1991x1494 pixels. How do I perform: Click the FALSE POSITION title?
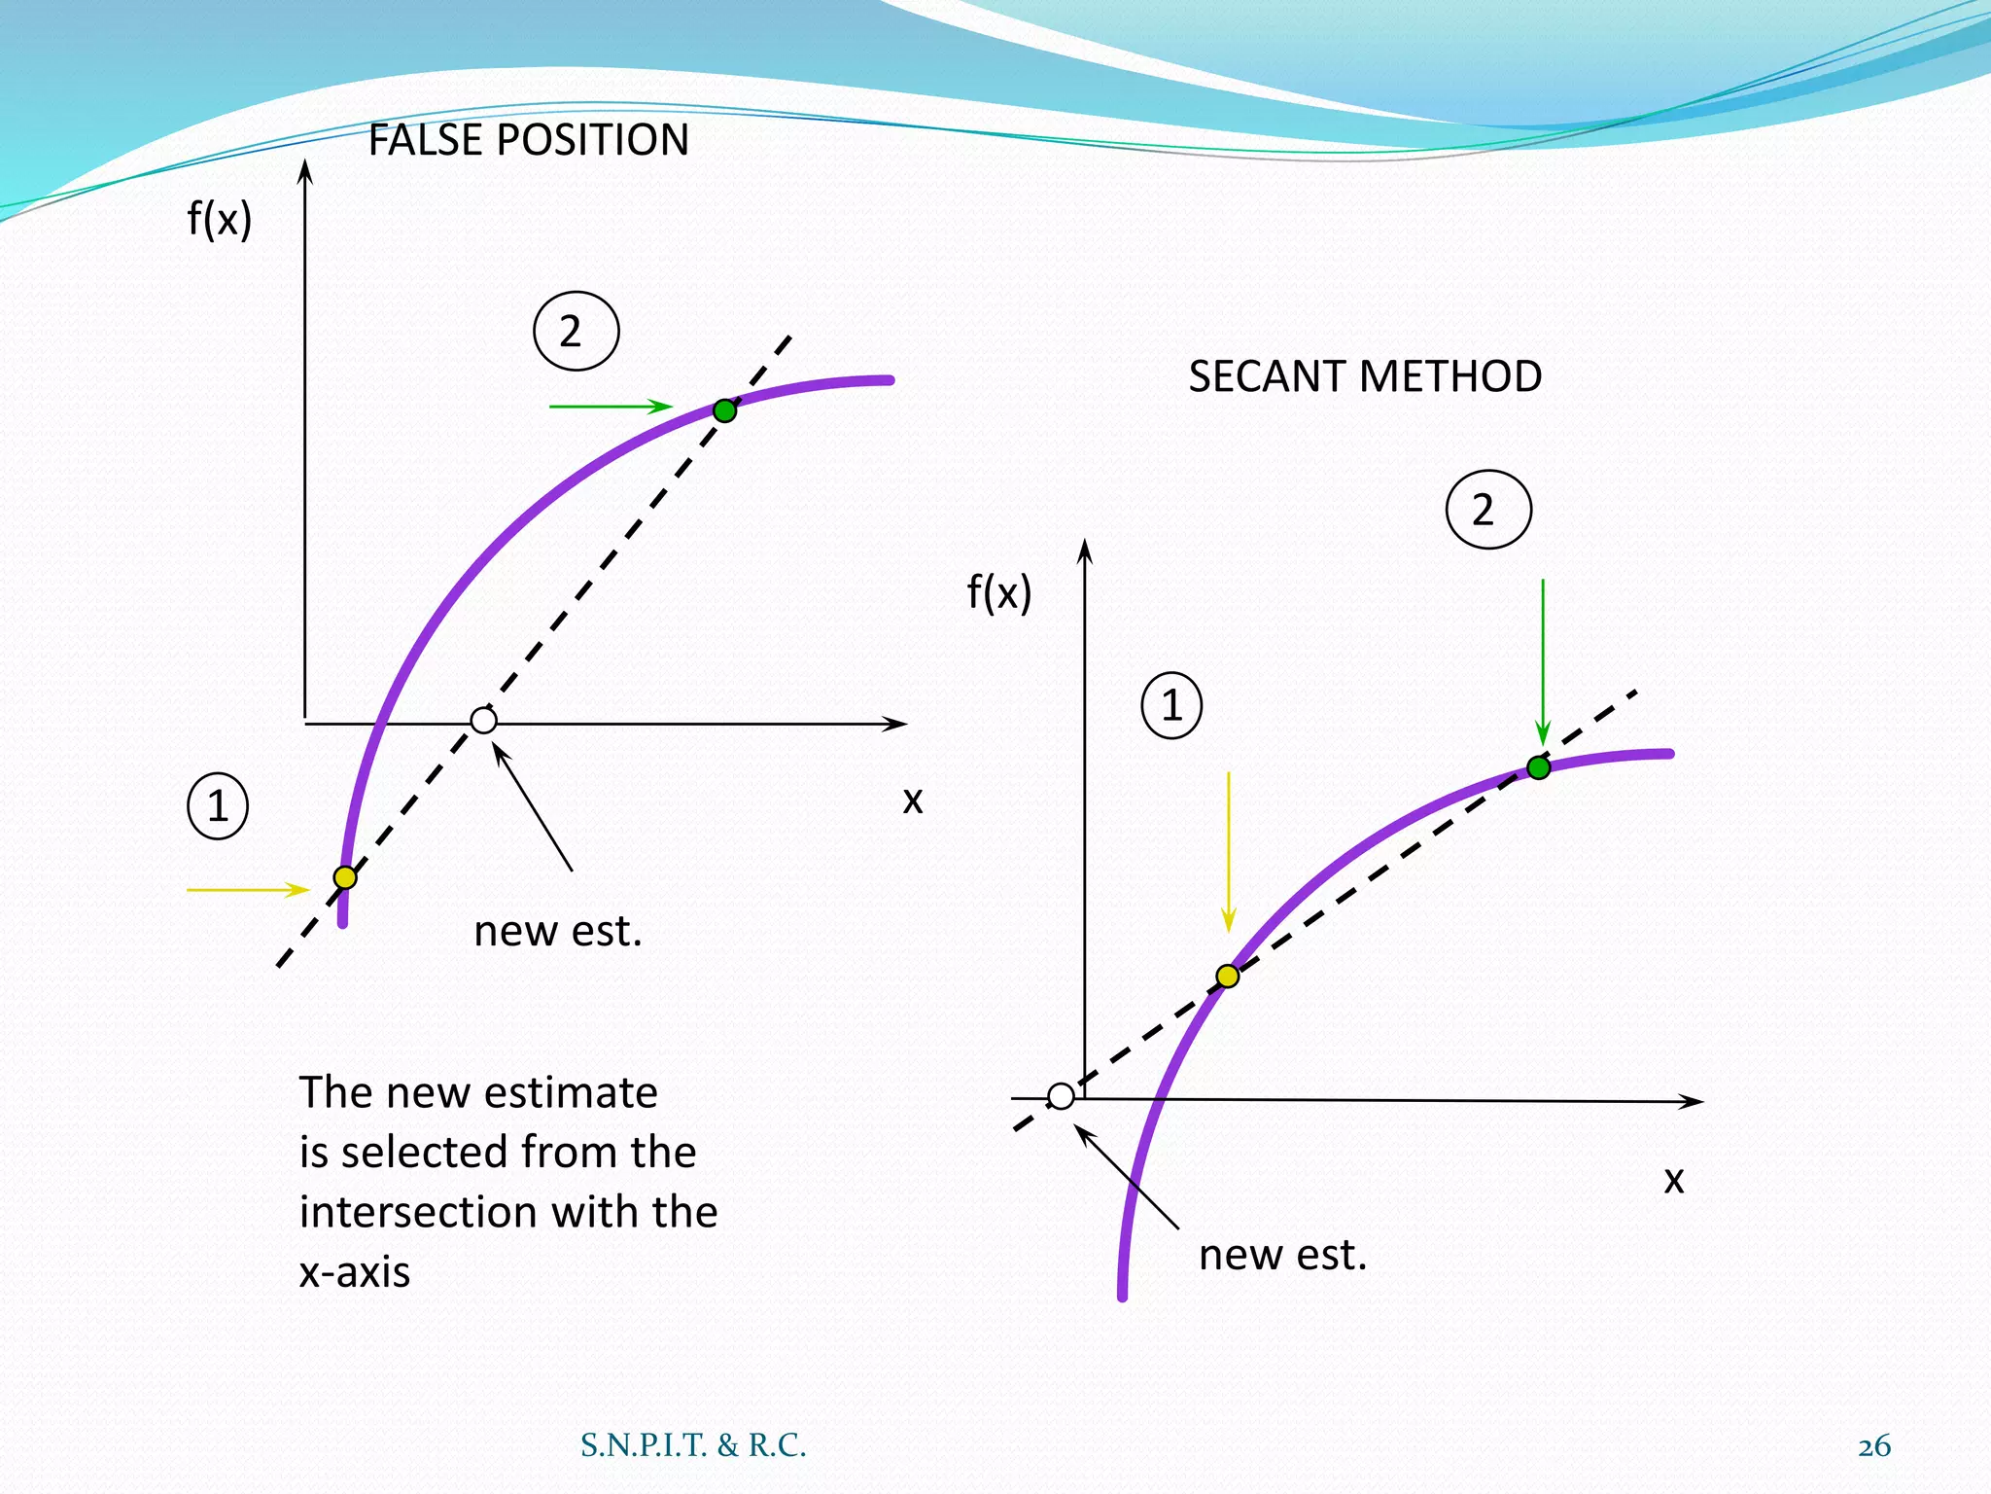528,140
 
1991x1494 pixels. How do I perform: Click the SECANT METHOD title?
1365,376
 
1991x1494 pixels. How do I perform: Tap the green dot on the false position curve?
724,410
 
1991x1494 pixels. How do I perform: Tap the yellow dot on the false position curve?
345,877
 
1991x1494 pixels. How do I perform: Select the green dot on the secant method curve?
1538,767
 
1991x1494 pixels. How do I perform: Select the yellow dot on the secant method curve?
1228,976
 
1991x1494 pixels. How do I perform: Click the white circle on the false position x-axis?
483,721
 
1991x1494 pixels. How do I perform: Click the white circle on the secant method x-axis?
1061,1096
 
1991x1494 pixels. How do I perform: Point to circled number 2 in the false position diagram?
576,331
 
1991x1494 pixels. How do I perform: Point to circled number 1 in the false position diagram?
218,806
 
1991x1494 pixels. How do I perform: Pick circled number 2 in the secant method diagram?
1488,510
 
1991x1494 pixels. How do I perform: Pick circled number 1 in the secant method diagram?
1171,705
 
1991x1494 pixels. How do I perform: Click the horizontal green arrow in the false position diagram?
610,407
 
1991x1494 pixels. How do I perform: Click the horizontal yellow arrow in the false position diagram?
247,889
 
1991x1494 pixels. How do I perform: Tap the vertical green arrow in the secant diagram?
1543,661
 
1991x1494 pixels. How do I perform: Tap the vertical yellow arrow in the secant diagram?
1229,851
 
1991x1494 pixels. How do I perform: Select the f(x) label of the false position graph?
220,219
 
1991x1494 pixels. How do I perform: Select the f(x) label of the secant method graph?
999,591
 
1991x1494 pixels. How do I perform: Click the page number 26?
1873,1446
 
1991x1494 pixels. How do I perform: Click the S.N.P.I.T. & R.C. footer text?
693,1446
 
